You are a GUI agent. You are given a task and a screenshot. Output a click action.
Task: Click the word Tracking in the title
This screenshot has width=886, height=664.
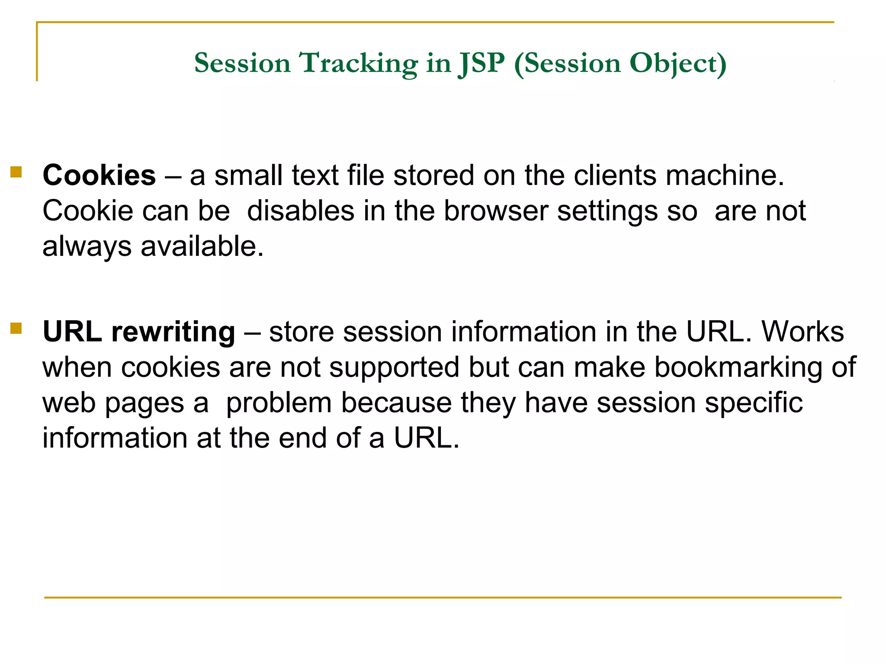pyautogui.click(x=359, y=64)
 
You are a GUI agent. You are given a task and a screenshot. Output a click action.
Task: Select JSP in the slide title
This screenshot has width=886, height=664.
pyautogui.click(x=482, y=64)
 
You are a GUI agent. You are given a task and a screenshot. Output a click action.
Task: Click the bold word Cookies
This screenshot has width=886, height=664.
pyautogui.click(x=99, y=176)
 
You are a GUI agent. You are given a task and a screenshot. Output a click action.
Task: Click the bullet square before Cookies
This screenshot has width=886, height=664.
pyautogui.click(x=16, y=172)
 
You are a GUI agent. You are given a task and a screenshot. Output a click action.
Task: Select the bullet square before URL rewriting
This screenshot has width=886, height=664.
pyautogui.click(x=16, y=329)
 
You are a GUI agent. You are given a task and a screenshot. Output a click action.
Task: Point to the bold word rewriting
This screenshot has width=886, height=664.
pyautogui.click(x=173, y=332)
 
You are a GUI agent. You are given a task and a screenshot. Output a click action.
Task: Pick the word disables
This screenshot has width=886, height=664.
pyautogui.click(x=301, y=211)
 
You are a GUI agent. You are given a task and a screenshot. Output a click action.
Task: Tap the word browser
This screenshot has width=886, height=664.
pyautogui.click(x=496, y=211)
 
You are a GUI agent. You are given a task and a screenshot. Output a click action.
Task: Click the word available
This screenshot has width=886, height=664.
pyautogui.click(x=202, y=246)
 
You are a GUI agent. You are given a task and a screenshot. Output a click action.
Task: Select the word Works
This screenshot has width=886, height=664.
pyautogui.click(x=803, y=332)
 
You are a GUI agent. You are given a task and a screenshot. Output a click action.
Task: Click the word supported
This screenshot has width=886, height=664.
pyautogui.click(x=394, y=367)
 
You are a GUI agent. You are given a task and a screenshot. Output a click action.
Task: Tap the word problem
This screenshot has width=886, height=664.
pyautogui.click(x=279, y=403)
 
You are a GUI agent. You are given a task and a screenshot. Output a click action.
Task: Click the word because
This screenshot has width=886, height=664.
pyautogui.click(x=396, y=403)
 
